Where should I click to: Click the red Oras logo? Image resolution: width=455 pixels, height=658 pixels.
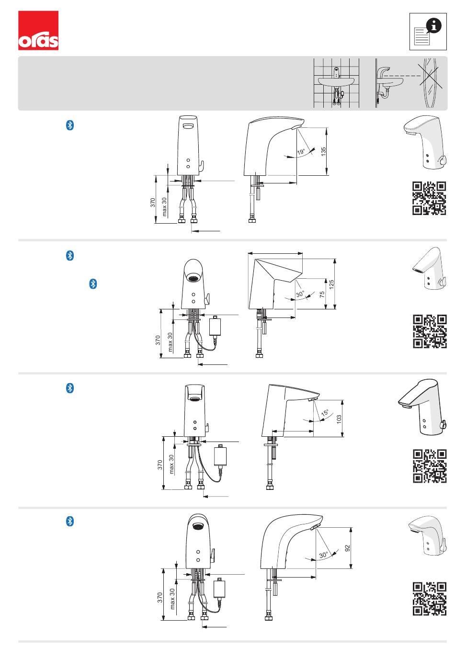(38, 31)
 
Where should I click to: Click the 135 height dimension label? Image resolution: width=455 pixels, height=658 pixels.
(324, 151)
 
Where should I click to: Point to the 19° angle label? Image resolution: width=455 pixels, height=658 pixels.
(301, 152)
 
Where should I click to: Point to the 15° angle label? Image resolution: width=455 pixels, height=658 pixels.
(325, 413)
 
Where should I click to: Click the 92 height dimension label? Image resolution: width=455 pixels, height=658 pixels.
(348, 547)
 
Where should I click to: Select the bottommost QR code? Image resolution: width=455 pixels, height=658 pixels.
(429, 598)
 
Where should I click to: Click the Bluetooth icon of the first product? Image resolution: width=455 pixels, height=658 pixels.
(69, 125)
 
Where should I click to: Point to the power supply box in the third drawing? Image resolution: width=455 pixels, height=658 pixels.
(221, 456)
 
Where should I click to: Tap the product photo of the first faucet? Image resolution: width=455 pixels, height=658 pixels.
(426, 143)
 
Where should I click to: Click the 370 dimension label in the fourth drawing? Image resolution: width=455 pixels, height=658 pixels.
(160, 598)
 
